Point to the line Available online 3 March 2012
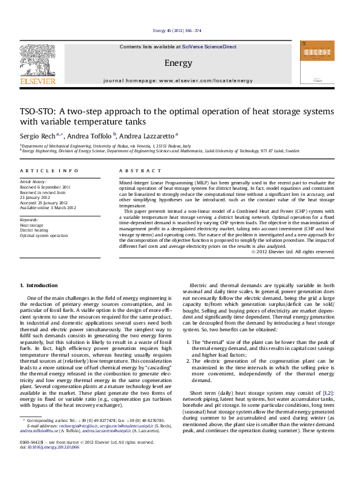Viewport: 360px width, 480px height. coord(48,207)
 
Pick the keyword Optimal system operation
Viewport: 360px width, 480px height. coord(44,235)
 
